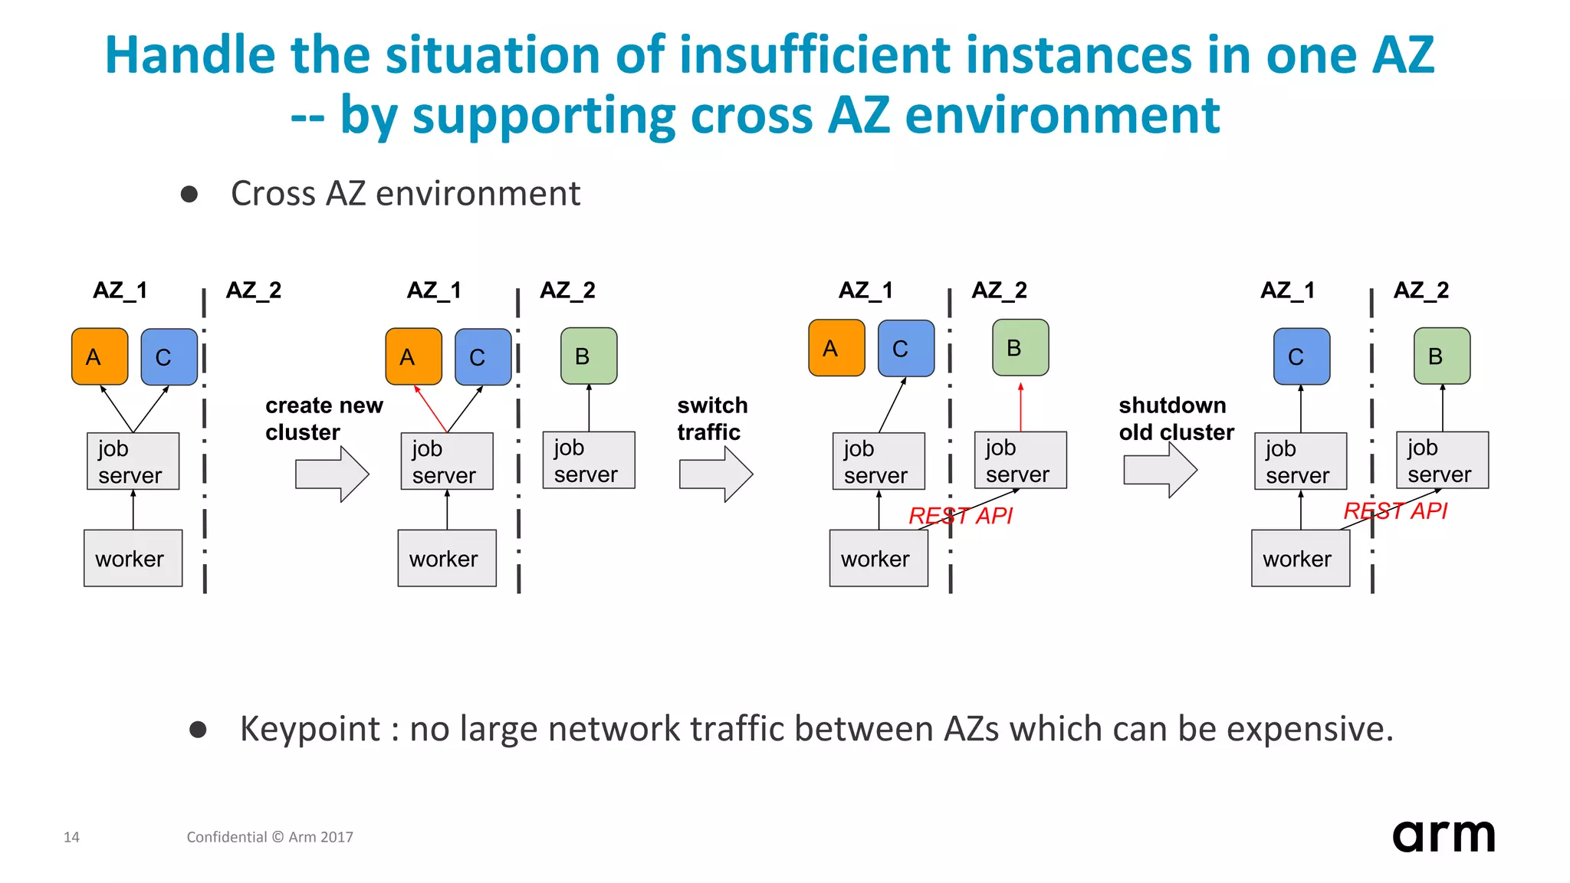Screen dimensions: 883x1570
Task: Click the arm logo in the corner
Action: click(1443, 835)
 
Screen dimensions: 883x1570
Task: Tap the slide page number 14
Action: click(71, 837)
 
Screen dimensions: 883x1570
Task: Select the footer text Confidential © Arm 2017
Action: click(270, 837)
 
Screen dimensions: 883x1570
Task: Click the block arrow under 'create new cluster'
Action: click(332, 474)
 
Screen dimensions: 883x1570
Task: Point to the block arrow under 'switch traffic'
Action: click(716, 474)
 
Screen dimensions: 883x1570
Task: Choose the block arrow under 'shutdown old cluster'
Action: click(1160, 470)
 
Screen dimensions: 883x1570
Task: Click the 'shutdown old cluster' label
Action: click(1176, 419)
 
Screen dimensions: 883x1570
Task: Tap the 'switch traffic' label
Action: click(711, 419)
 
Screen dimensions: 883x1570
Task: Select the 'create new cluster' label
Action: click(324, 419)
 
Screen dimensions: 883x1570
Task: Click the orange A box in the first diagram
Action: click(100, 356)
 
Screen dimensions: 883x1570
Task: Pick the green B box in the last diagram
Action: click(1442, 356)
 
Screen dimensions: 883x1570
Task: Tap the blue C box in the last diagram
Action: click(1301, 356)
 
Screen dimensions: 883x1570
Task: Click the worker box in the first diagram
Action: click(133, 558)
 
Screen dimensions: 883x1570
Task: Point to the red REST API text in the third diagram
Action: click(960, 516)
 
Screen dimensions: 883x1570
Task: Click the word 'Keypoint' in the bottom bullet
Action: click(310, 729)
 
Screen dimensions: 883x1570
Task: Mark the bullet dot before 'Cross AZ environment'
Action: click(189, 194)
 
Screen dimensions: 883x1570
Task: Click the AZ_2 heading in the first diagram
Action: click(254, 291)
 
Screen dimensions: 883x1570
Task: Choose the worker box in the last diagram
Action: click(1300, 558)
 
